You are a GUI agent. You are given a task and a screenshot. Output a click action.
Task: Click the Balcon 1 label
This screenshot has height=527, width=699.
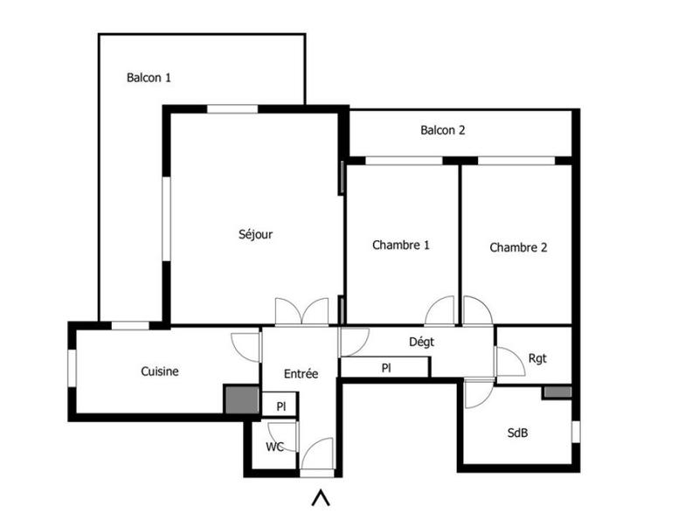[149, 77]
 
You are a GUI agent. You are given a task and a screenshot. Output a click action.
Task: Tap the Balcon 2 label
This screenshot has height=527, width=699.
[442, 131]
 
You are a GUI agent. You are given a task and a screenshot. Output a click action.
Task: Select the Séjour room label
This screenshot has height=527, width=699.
[256, 234]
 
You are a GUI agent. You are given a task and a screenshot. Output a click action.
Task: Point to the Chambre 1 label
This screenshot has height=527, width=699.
[401, 246]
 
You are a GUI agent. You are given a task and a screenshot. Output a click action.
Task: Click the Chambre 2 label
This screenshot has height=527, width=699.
[518, 247]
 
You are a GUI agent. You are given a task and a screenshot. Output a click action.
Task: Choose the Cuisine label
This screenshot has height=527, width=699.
[160, 371]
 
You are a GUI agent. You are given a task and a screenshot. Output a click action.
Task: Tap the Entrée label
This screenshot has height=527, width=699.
[301, 373]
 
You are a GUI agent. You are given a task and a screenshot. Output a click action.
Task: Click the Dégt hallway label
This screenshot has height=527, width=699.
[421, 342]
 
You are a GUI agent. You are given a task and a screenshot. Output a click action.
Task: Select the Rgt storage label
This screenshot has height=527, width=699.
[537, 357]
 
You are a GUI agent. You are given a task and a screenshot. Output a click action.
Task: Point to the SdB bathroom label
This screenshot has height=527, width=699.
[518, 433]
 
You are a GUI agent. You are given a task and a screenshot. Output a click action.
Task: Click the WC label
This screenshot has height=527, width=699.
[274, 447]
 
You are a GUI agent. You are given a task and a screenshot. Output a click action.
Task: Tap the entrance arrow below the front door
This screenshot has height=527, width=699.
[322, 498]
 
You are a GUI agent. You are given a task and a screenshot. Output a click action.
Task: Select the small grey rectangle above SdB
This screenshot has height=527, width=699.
[557, 392]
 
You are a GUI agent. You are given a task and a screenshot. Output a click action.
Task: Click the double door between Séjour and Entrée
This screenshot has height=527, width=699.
[301, 312]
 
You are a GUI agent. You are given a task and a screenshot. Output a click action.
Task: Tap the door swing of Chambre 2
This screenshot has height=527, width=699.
[476, 311]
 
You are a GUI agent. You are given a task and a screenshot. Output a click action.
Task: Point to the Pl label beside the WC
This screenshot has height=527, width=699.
[280, 406]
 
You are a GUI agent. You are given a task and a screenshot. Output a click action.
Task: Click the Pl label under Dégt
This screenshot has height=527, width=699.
[385, 369]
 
